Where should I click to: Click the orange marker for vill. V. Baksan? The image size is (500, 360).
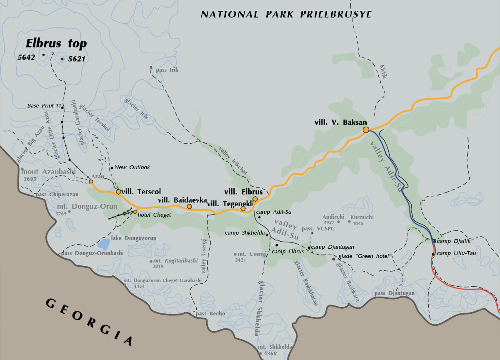[x=366, y=130]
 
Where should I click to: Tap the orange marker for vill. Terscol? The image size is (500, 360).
[x=119, y=192]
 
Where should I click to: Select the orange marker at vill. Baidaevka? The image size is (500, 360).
[x=189, y=206]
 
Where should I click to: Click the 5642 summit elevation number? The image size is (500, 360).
[x=26, y=57]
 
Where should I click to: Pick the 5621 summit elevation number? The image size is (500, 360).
[x=76, y=59]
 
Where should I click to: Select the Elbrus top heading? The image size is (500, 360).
[x=56, y=43]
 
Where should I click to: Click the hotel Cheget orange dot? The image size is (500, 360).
[x=135, y=212]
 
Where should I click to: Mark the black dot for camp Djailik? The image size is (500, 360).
[x=434, y=241]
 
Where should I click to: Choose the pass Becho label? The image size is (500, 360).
[x=210, y=314]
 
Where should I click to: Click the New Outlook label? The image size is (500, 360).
[x=132, y=167]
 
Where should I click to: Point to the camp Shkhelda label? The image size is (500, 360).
[x=245, y=232]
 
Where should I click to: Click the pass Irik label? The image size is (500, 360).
[x=167, y=70]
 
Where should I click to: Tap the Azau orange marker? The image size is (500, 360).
[x=91, y=182]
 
